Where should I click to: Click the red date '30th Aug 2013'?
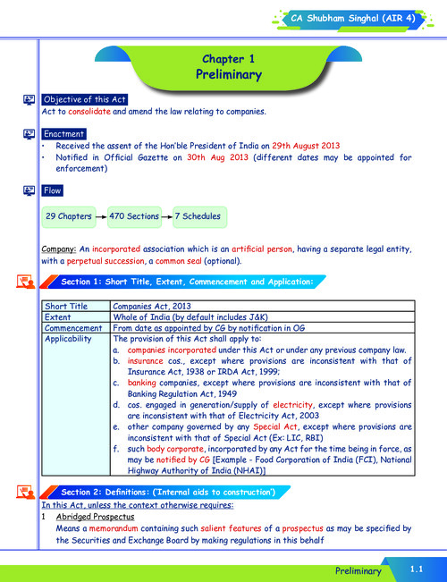tap(236, 157)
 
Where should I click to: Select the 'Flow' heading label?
tap(52, 190)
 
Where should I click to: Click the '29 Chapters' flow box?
tap(68, 216)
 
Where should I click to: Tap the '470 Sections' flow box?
tap(133, 216)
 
